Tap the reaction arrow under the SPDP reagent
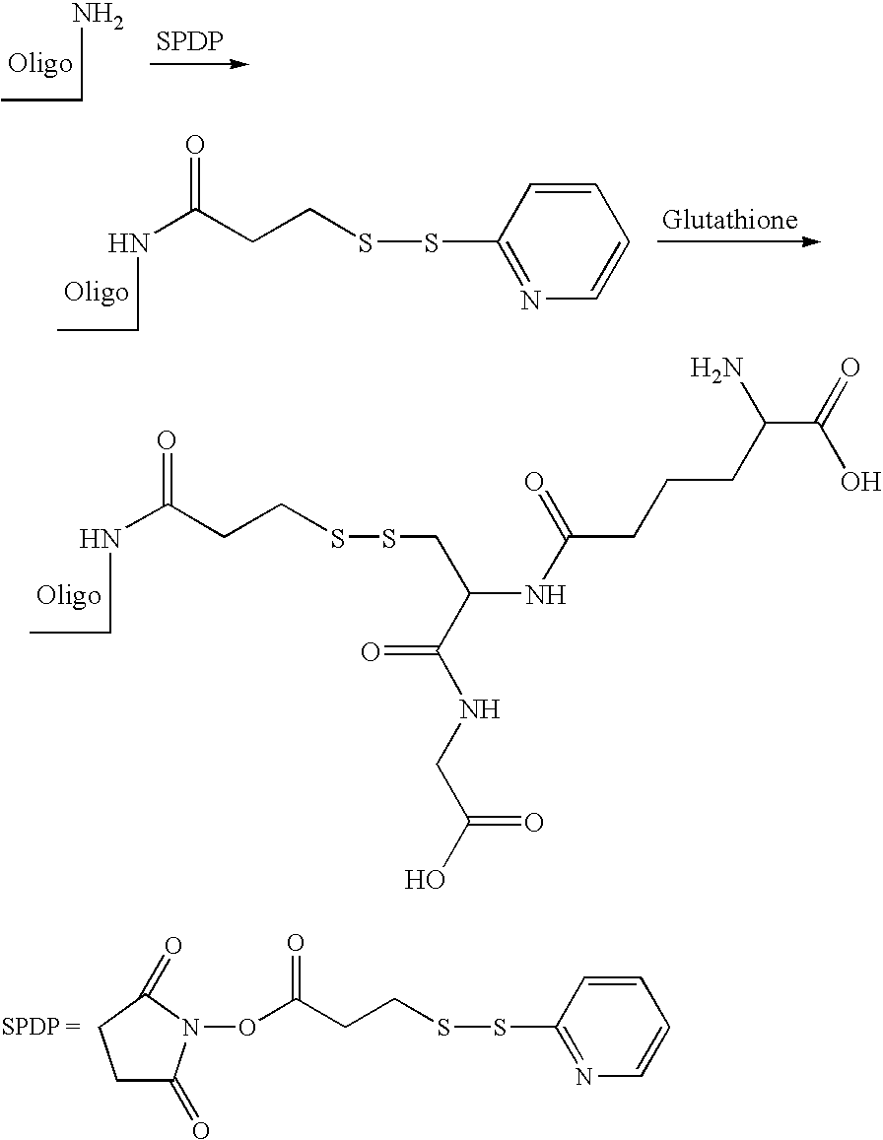[x=199, y=64]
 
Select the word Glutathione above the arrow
[x=729, y=220]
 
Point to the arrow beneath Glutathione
[x=739, y=241]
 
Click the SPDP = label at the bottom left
[x=39, y=1028]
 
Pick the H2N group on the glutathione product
[x=715, y=369]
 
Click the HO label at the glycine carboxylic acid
[x=426, y=881]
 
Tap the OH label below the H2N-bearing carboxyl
[x=860, y=481]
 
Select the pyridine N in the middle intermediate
[x=532, y=301]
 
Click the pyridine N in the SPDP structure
[x=583, y=1077]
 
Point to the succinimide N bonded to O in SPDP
[x=191, y=1028]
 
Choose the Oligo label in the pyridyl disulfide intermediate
[x=96, y=293]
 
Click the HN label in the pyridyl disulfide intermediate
[x=128, y=242]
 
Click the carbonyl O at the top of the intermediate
[x=195, y=144]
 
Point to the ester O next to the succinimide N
[x=248, y=1028]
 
